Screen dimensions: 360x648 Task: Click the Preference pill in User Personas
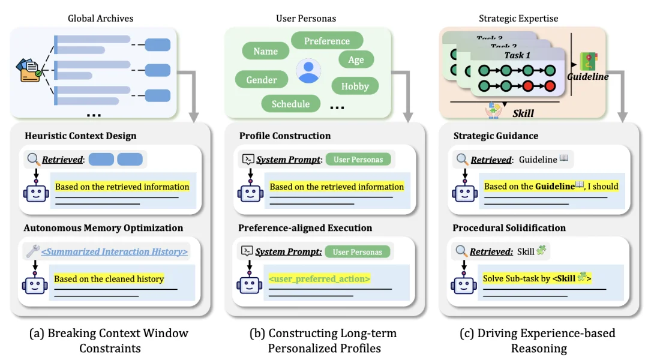(x=327, y=41)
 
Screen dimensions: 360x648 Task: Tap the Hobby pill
(x=355, y=86)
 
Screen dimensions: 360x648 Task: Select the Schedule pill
(x=290, y=104)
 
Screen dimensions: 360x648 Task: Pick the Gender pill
(x=262, y=80)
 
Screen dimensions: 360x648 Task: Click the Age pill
(x=356, y=59)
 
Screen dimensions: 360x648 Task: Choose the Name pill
(x=265, y=51)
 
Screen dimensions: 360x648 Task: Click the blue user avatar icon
(x=308, y=71)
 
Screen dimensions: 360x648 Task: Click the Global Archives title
(x=100, y=18)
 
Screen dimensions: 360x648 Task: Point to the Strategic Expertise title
(x=518, y=18)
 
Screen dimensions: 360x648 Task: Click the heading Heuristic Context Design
(x=80, y=136)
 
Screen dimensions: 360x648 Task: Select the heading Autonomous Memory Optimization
(x=103, y=228)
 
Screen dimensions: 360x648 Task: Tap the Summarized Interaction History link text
(x=114, y=252)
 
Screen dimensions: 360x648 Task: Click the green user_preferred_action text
(x=319, y=278)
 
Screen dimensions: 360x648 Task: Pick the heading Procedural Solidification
(x=509, y=228)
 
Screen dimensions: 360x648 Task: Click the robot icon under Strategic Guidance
(x=464, y=192)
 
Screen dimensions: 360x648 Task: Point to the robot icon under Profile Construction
(x=250, y=192)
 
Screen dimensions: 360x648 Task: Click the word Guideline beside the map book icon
(x=588, y=77)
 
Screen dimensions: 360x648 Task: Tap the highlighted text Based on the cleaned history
(x=109, y=278)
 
